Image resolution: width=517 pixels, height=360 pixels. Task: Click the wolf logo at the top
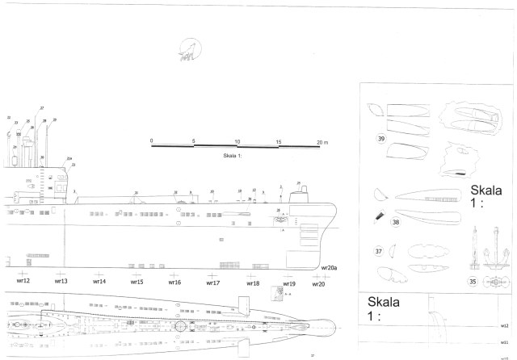tap(188, 51)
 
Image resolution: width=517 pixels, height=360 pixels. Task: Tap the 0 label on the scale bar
tap(152, 140)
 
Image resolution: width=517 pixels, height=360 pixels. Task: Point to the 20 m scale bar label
tap(322, 140)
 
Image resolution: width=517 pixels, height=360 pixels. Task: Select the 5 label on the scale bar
tap(194, 140)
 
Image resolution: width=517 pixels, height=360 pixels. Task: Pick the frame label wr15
tap(137, 283)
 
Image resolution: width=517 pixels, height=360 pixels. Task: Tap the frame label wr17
tap(213, 283)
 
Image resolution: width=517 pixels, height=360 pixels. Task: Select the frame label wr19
tap(289, 284)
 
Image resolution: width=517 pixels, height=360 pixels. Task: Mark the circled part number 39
tap(380, 139)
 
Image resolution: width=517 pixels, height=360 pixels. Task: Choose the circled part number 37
tap(380, 251)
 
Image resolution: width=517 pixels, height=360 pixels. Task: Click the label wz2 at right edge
tap(503, 325)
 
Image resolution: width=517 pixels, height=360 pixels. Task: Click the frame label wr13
tap(61, 282)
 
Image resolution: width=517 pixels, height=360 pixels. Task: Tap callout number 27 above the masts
tap(42, 107)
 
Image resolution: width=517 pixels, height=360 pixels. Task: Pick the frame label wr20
tap(318, 284)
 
